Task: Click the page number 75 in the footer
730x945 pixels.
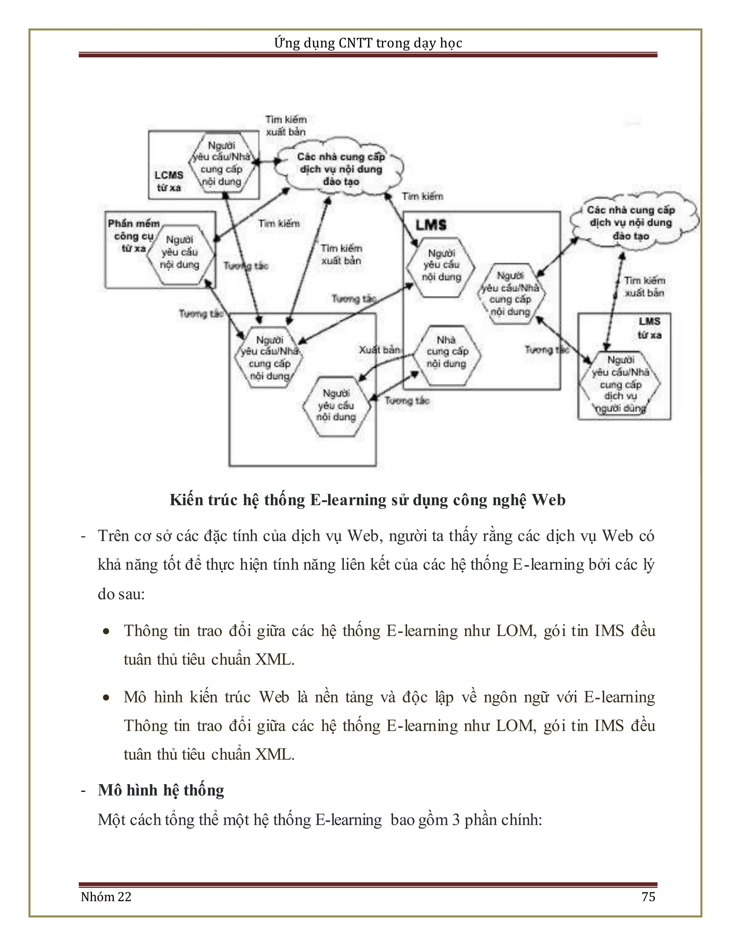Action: pos(648,897)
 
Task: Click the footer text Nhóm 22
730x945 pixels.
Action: pos(106,897)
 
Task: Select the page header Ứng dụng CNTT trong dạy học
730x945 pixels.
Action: pos(368,43)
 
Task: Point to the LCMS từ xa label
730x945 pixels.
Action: pos(169,181)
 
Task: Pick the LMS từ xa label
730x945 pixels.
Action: pos(649,328)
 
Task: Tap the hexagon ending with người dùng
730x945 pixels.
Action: pos(620,384)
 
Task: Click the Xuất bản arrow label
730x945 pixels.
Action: pos(380,349)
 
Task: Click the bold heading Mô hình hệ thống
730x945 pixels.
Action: pos(161,791)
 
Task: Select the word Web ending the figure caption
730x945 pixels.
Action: pos(548,500)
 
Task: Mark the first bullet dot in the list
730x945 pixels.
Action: pos(106,632)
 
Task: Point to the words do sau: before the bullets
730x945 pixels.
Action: pos(121,594)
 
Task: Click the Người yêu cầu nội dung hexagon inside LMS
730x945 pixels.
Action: pos(441,265)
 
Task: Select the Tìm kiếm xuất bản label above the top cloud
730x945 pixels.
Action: pos(286,126)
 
